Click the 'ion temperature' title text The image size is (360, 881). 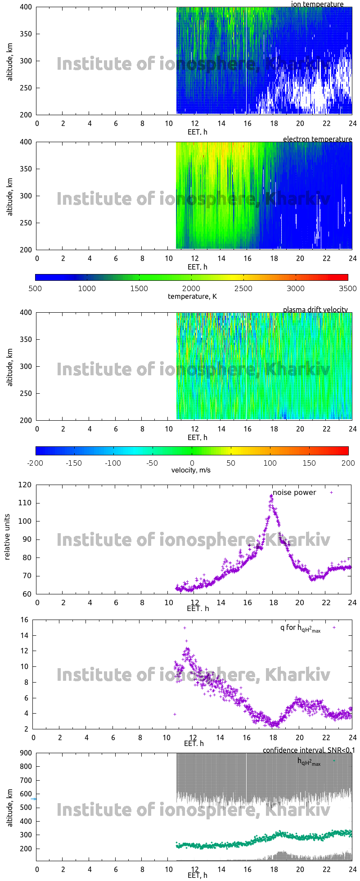click(317, 4)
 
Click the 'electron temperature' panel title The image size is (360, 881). click(317, 139)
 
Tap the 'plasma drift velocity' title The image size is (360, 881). click(315, 310)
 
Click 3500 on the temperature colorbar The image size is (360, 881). click(347, 288)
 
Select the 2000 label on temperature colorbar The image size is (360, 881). click(191, 288)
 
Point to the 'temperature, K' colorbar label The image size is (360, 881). click(192, 296)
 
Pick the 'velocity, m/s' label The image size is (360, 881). click(191, 470)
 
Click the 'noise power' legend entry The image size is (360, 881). click(294, 492)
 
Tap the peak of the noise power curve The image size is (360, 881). click(271, 495)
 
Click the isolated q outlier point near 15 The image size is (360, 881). click(184, 628)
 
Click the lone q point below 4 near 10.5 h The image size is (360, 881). click(175, 714)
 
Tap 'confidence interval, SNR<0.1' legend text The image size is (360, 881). click(309, 750)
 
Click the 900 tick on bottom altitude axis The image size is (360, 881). click(26, 753)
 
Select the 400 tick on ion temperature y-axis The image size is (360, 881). click(26, 7)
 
